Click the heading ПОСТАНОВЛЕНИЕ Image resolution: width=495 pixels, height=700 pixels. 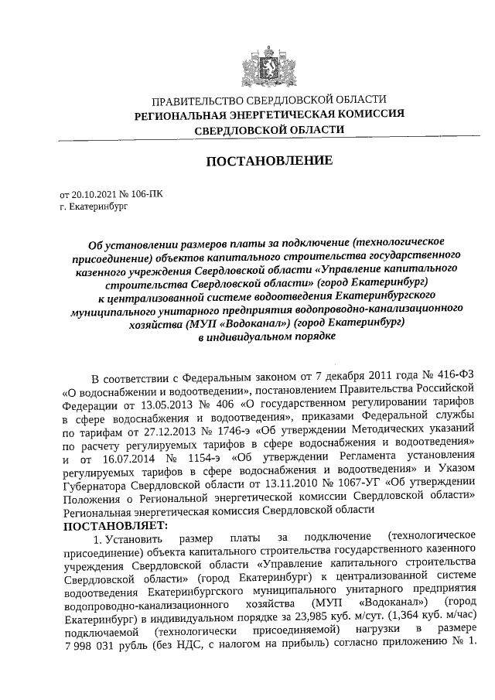point(268,161)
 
